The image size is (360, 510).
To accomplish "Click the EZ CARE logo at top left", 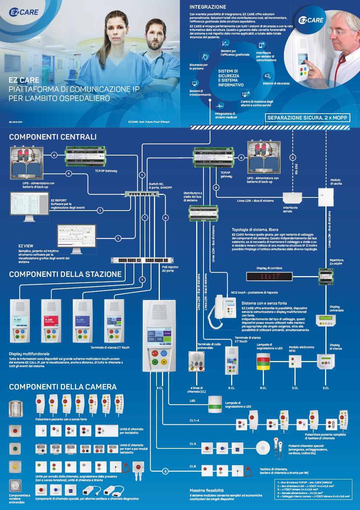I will [23, 12].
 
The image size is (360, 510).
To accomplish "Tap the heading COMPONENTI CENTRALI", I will [53, 137].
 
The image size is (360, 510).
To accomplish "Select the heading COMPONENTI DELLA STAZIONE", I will [65, 274].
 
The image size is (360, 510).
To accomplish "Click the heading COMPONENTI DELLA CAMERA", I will [63, 387].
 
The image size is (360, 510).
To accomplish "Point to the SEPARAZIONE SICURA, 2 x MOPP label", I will [307, 118].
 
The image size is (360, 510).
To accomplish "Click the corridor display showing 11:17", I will [269, 276].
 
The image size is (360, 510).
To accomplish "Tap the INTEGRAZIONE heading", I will [207, 7].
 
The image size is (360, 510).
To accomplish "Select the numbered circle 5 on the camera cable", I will [165, 471].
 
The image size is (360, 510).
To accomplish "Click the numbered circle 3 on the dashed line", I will [293, 158].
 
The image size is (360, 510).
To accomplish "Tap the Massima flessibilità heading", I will [206, 490].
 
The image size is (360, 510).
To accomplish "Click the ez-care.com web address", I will [16, 122].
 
